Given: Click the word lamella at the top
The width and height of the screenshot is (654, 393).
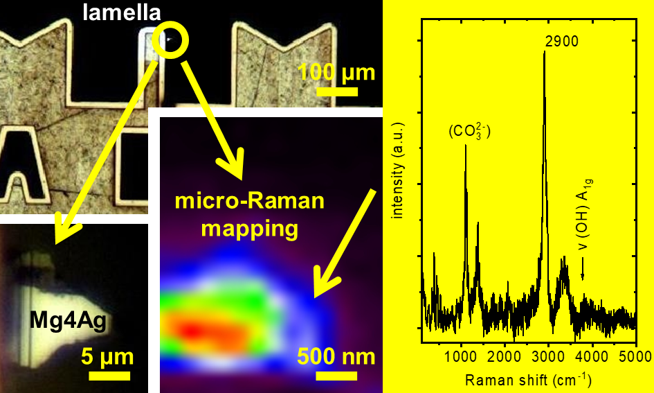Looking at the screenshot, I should point(117,12).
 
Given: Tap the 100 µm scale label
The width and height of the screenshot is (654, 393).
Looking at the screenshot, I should point(337,72).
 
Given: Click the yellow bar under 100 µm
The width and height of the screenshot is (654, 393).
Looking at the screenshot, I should point(337,91).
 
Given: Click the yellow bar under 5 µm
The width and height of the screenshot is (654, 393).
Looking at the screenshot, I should point(109,376).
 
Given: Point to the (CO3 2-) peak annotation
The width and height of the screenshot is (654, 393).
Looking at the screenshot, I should point(469,130).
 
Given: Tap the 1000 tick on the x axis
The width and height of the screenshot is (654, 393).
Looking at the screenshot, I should point(462,357).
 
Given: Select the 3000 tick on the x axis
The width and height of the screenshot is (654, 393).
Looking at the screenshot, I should point(549,357).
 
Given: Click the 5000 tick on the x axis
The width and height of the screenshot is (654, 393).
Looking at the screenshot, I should point(636,357).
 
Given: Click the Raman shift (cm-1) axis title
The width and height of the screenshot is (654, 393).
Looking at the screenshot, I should point(528,379).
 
